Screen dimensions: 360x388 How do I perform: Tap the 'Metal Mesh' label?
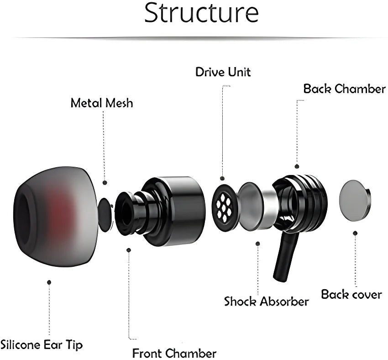[102, 103]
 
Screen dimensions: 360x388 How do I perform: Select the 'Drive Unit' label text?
[223, 72]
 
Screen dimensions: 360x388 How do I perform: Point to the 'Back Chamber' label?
[345, 89]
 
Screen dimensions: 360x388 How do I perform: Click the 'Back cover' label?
[351, 294]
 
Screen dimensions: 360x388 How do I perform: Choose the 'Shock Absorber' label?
[266, 302]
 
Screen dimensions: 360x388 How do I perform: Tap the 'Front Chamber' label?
[174, 353]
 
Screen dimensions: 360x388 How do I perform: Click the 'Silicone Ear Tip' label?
[42, 344]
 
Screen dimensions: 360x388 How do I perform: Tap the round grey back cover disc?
[357, 200]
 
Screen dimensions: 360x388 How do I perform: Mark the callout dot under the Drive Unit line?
[223, 178]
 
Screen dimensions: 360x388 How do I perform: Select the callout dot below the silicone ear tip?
[49, 282]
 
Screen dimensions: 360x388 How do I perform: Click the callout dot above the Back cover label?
[355, 233]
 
